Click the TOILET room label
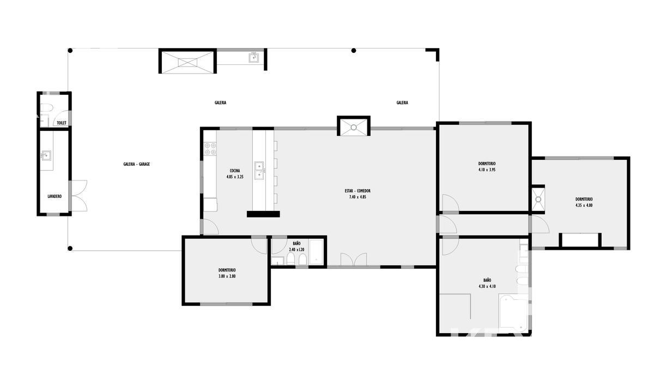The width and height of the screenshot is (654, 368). [x=62, y=123]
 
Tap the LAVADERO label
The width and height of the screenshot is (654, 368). [x=55, y=197]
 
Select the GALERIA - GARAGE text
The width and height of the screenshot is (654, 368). [x=137, y=164]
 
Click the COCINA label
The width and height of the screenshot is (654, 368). [x=235, y=171]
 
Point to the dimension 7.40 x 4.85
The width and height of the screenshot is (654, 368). [x=358, y=197]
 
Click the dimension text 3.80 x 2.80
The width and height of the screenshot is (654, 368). [x=227, y=276]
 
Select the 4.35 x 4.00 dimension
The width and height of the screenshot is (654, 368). [x=584, y=206]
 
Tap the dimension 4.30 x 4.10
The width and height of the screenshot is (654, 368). [x=487, y=287]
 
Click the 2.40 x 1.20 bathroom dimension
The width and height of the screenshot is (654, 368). [x=296, y=250]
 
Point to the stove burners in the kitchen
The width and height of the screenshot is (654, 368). [x=210, y=149]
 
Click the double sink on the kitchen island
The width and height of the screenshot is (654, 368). [x=259, y=170]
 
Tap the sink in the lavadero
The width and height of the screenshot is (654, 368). [x=46, y=156]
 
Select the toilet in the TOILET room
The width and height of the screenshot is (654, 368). [x=46, y=108]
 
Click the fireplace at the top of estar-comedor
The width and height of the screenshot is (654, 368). [x=354, y=126]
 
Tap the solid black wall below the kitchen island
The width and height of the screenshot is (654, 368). [x=263, y=214]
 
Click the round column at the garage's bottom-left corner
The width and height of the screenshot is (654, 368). [x=70, y=249]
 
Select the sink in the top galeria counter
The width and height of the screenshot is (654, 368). [x=253, y=58]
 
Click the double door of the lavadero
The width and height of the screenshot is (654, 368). [x=80, y=196]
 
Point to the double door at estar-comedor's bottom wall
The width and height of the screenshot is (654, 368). [x=354, y=260]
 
